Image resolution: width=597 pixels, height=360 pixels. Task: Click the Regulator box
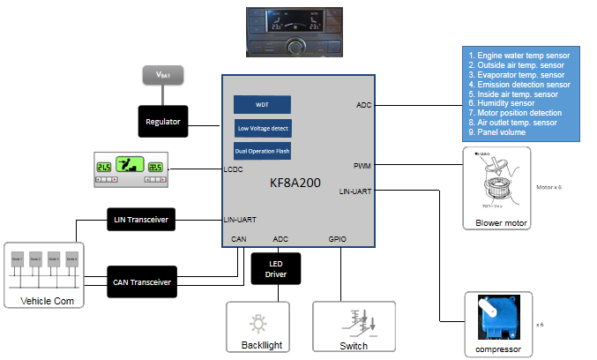click(x=164, y=121)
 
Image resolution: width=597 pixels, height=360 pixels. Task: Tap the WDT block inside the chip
click(x=262, y=104)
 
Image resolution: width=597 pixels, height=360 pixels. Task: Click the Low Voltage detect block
click(x=262, y=128)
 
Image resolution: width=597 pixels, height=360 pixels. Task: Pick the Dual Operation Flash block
click(x=262, y=151)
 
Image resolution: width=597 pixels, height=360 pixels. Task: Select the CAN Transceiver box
click(x=141, y=281)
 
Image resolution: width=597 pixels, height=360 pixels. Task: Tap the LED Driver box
click(x=275, y=269)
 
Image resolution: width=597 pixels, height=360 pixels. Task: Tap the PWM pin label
click(x=362, y=166)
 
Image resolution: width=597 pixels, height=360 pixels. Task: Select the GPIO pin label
click(x=337, y=238)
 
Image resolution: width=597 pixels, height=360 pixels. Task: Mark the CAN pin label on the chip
click(x=239, y=238)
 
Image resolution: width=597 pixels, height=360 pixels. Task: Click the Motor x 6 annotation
click(x=548, y=188)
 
